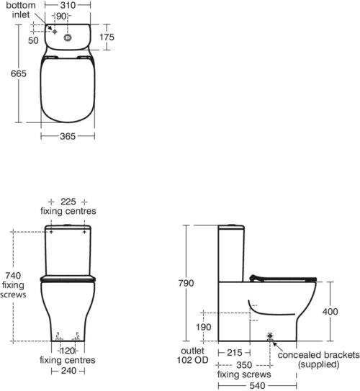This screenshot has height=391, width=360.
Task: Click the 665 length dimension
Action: tap(19, 73)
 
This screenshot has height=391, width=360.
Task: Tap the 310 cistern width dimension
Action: tap(68, 5)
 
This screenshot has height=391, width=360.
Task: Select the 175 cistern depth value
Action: tap(107, 37)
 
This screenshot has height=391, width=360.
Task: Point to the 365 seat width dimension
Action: tap(68, 136)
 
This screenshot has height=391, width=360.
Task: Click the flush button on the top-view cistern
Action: tap(68, 37)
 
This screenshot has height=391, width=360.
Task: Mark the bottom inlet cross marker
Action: tap(55, 32)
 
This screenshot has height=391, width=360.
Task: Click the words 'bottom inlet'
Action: tap(21, 10)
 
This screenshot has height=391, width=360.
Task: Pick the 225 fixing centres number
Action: tap(68, 202)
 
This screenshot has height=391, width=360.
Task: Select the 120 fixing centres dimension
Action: tap(68, 351)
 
